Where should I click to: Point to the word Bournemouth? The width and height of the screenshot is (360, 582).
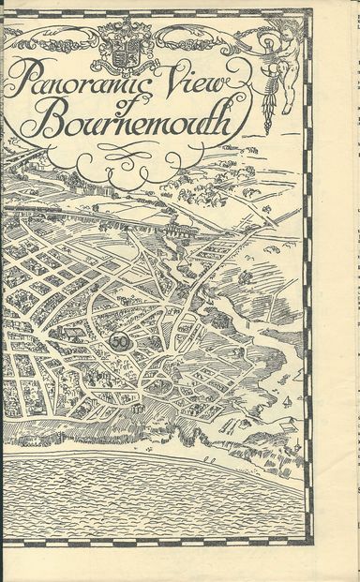click(x=131, y=125)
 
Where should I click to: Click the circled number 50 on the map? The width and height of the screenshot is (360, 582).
click(x=119, y=342)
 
